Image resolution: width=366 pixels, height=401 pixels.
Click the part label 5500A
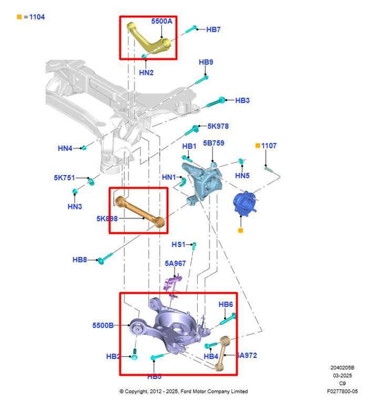pyautogui.click(x=161, y=21)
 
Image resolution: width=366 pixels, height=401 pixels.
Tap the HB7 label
pyautogui.click(x=214, y=30)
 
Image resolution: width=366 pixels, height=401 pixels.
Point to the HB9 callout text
pyautogui.click(x=206, y=62)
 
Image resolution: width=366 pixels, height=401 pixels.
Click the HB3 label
pyautogui.click(x=242, y=100)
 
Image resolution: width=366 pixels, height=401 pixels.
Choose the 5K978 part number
pyautogui.click(x=218, y=126)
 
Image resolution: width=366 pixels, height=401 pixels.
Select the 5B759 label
pyautogui.click(x=213, y=144)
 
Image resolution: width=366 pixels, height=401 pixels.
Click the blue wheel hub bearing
pyautogui.click(x=244, y=205)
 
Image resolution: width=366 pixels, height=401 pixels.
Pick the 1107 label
pyautogui.click(x=268, y=146)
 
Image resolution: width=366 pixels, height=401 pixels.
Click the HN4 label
pyautogui.click(x=65, y=148)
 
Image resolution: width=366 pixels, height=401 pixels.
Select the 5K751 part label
pyautogui.click(x=65, y=178)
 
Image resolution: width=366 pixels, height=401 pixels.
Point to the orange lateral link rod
pyautogui.click(x=141, y=211)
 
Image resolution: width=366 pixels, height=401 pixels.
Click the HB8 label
pyautogui.click(x=80, y=260)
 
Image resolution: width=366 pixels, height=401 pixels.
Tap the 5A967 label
pyautogui.click(x=175, y=263)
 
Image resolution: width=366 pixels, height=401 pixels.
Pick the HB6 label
pyautogui.click(x=226, y=304)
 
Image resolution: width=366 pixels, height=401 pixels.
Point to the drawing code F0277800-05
pyautogui.click(x=342, y=392)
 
